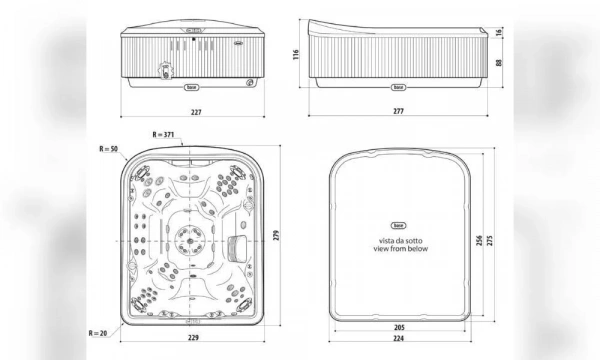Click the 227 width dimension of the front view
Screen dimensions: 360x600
point(195,112)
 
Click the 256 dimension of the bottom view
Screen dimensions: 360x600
point(481,242)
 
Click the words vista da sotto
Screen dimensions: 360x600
point(397,240)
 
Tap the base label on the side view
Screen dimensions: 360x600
point(397,87)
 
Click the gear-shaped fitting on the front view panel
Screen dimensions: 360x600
point(161,71)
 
